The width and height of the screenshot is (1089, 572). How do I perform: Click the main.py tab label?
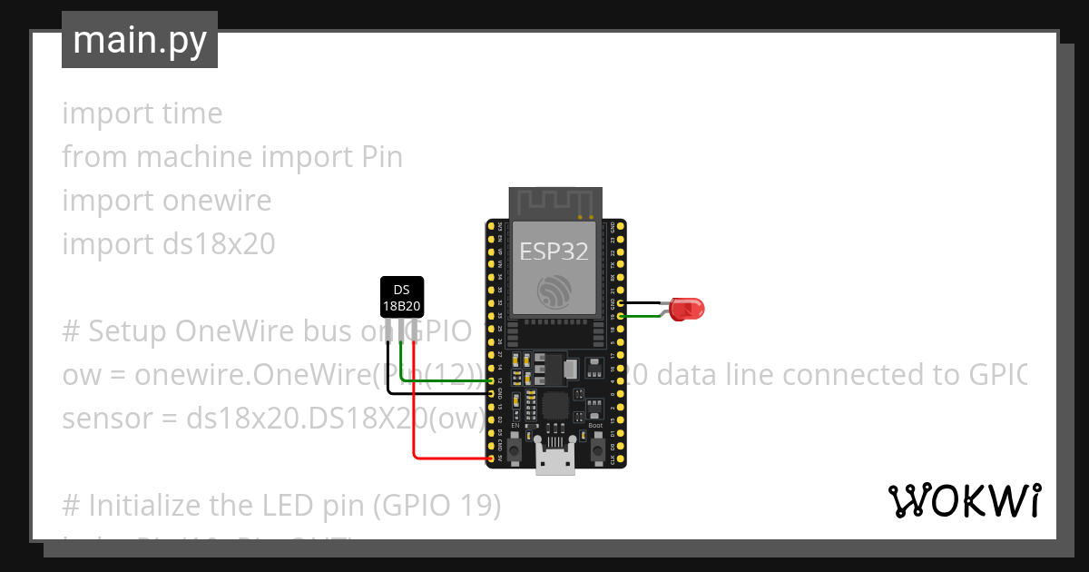[140, 40]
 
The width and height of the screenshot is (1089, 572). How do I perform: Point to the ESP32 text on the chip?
[554, 251]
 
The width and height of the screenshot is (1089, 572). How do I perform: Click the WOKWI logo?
[963, 500]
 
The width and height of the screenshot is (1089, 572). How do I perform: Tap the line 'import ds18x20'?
[168, 244]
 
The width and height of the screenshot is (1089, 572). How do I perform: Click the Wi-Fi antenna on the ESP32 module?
[554, 202]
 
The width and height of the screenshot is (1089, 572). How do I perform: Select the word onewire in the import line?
[217, 201]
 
